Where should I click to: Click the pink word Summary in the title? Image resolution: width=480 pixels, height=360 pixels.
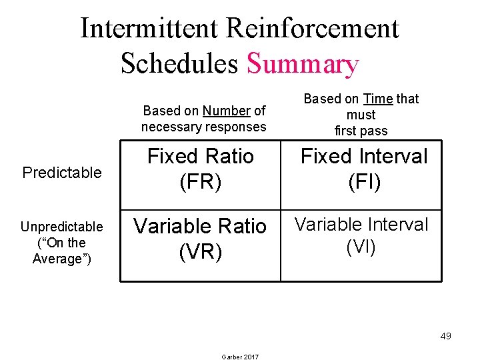(x=303, y=63)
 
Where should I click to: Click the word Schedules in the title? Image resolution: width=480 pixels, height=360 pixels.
(x=179, y=63)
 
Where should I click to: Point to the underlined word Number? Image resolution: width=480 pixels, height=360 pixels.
(x=226, y=111)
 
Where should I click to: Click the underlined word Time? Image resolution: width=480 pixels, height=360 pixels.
(x=378, y=99)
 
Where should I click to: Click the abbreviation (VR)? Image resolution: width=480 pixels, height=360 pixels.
(x=200, y=252)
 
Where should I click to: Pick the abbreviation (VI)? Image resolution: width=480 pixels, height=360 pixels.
(x=361, y=247)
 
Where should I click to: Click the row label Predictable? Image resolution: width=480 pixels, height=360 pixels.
(x=62, y=173)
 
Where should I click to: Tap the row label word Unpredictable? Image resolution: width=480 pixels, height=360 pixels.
(x=62, y=227)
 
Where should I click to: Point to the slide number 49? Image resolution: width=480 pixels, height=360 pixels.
(x=445, y=336)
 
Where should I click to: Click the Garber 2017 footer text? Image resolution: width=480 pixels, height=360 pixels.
(x=239, y=356)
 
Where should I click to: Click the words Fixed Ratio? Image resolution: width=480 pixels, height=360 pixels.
(x=200, y=157)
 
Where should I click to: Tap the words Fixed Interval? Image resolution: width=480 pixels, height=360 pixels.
(x=364, y=157)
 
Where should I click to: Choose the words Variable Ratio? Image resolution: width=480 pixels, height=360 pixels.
(x=200, y=227)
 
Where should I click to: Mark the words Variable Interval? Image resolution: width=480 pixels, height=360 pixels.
(x=361, y=224)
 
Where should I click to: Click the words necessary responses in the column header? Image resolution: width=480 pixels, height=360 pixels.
(x=203, y=127)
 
